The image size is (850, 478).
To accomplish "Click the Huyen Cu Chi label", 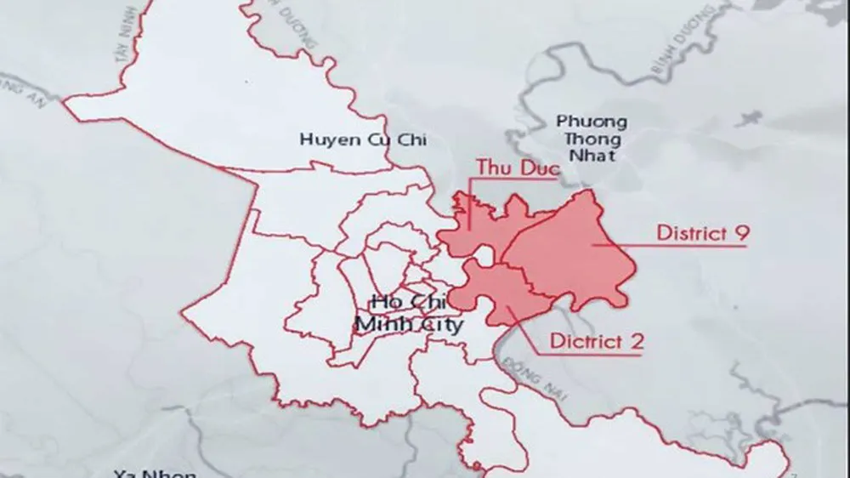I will click(x=363, y=139).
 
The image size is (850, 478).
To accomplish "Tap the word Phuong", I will click(x=592, y=122).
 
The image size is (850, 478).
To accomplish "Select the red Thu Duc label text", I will click(x=518, y=168).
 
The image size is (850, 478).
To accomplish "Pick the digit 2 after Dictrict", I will click(x=637, y=341).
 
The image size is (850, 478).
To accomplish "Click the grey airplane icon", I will click(x=748, y=119).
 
